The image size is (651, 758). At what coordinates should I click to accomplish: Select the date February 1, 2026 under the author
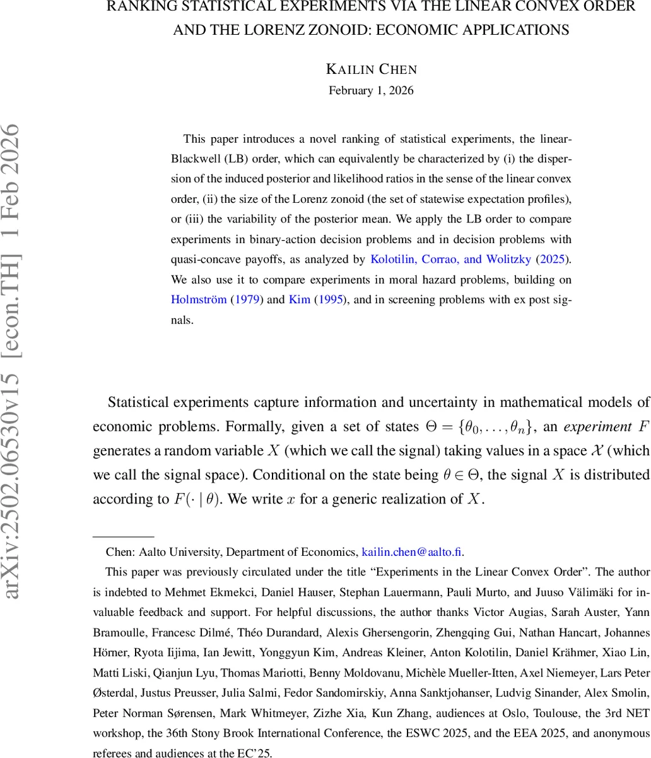coord(371,90)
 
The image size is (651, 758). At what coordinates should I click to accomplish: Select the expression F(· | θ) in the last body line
coord(197,499)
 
